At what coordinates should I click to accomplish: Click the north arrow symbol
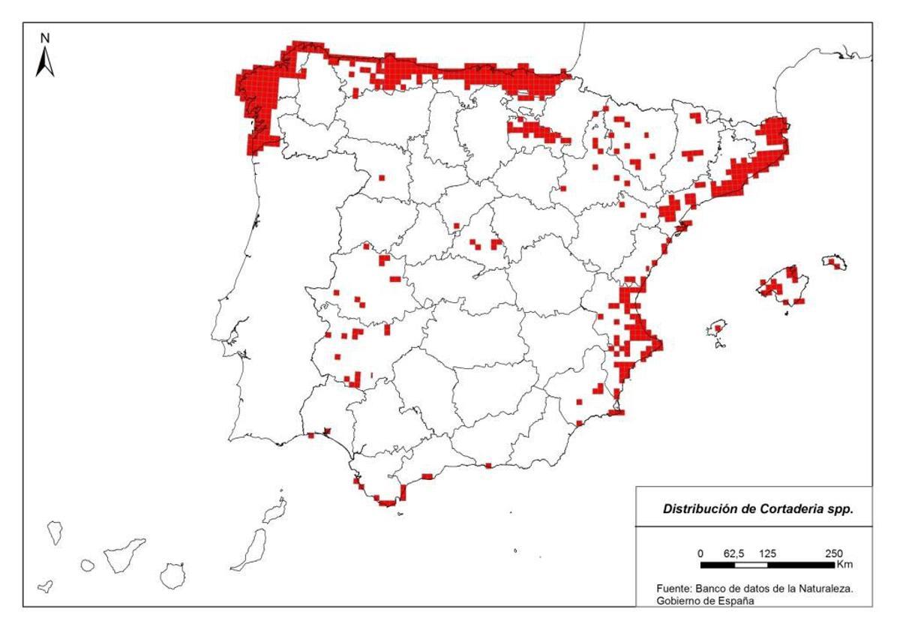pos(45,61)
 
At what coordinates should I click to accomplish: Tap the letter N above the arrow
pos(45,37)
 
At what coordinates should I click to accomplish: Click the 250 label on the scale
pos(833,553)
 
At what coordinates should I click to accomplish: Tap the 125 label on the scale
pos(767,553)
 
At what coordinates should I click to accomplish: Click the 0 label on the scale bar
pos(700,553)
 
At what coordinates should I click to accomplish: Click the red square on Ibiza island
pos(718,328)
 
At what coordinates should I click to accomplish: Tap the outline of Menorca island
pos(834,262)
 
